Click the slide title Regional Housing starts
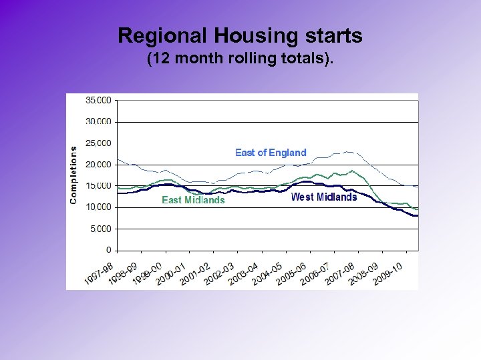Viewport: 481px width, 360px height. click(x=240, y=35)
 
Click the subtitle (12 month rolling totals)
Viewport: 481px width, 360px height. click(x=240, y=59)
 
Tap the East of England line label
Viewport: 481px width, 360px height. click(x=271, y=153)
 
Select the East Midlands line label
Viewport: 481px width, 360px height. click(x=193, y=200)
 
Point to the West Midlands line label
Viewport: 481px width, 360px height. click(x=324, y=197)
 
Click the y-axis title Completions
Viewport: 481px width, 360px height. click(x=73, y=175)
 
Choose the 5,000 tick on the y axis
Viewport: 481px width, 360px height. click(x=102, y=229)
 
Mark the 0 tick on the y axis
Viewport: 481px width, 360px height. click(x=108, y=250)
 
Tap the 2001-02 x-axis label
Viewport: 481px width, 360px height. click(x=195, y=273)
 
